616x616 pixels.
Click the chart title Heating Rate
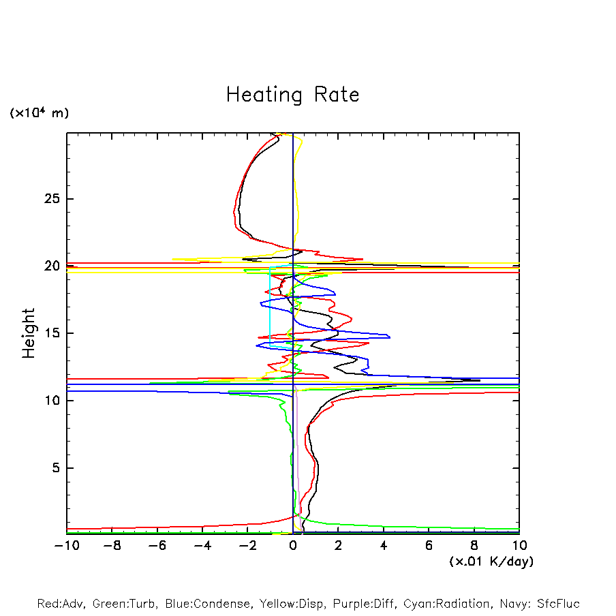pos(292,95)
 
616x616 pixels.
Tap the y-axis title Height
pos(29,333)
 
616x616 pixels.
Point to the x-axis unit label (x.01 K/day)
pos(491,561)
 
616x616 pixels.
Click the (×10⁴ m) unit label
pos(39,113)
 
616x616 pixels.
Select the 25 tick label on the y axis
pos(52,199)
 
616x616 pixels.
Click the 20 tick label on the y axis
pos(52,266)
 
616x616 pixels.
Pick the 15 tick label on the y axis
pos(52,333)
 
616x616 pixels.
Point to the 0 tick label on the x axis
pos(293,546)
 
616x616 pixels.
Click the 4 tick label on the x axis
pos(384,546)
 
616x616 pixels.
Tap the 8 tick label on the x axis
pos(474,546)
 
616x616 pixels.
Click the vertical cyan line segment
pos(270,307)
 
